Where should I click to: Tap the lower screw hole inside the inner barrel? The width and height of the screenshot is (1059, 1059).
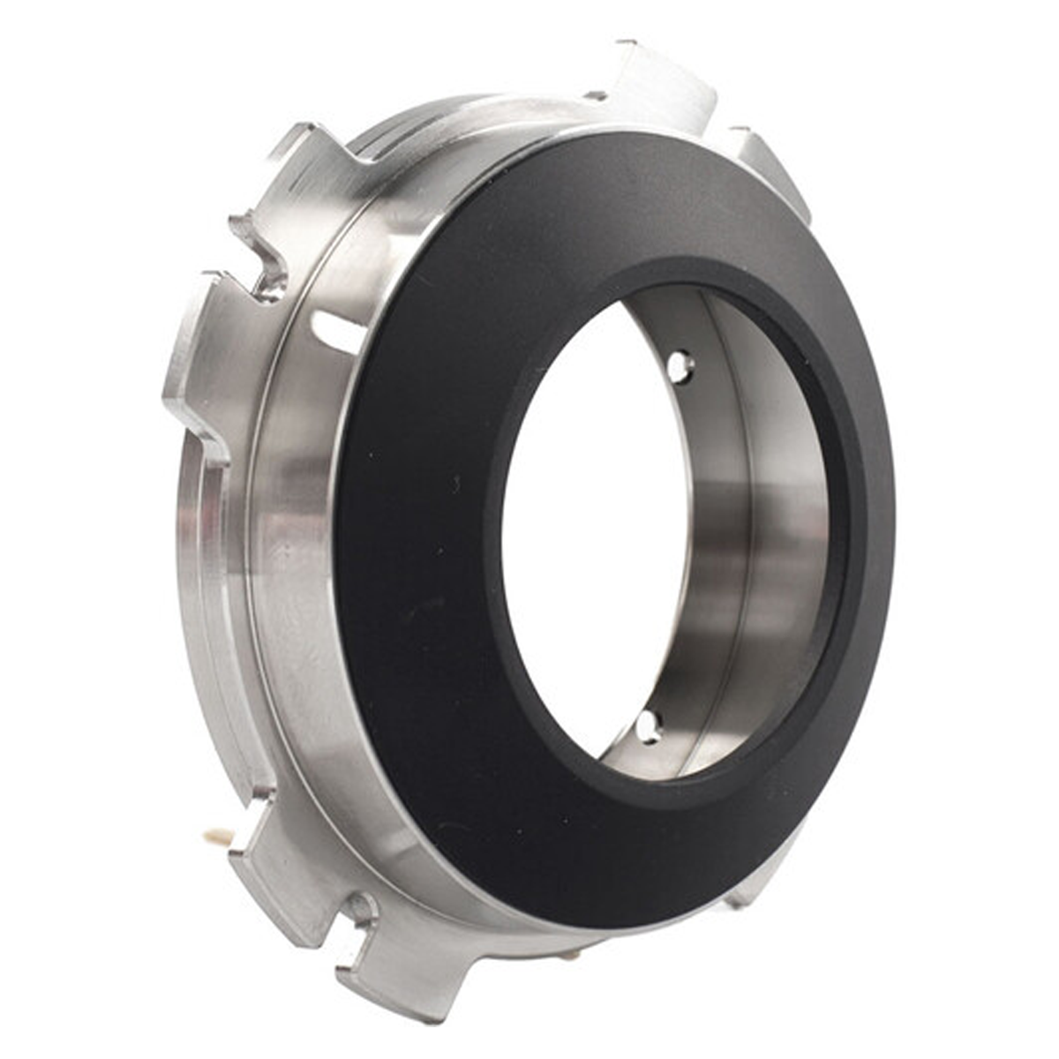click(649, 725)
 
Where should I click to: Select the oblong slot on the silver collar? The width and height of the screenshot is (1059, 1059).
click(339, 333)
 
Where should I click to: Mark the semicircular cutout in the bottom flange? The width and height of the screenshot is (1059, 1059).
click(362, 909)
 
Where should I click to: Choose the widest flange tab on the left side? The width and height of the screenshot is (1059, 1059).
click(199, 353)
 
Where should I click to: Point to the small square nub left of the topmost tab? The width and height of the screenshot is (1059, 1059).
click(596, 94)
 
